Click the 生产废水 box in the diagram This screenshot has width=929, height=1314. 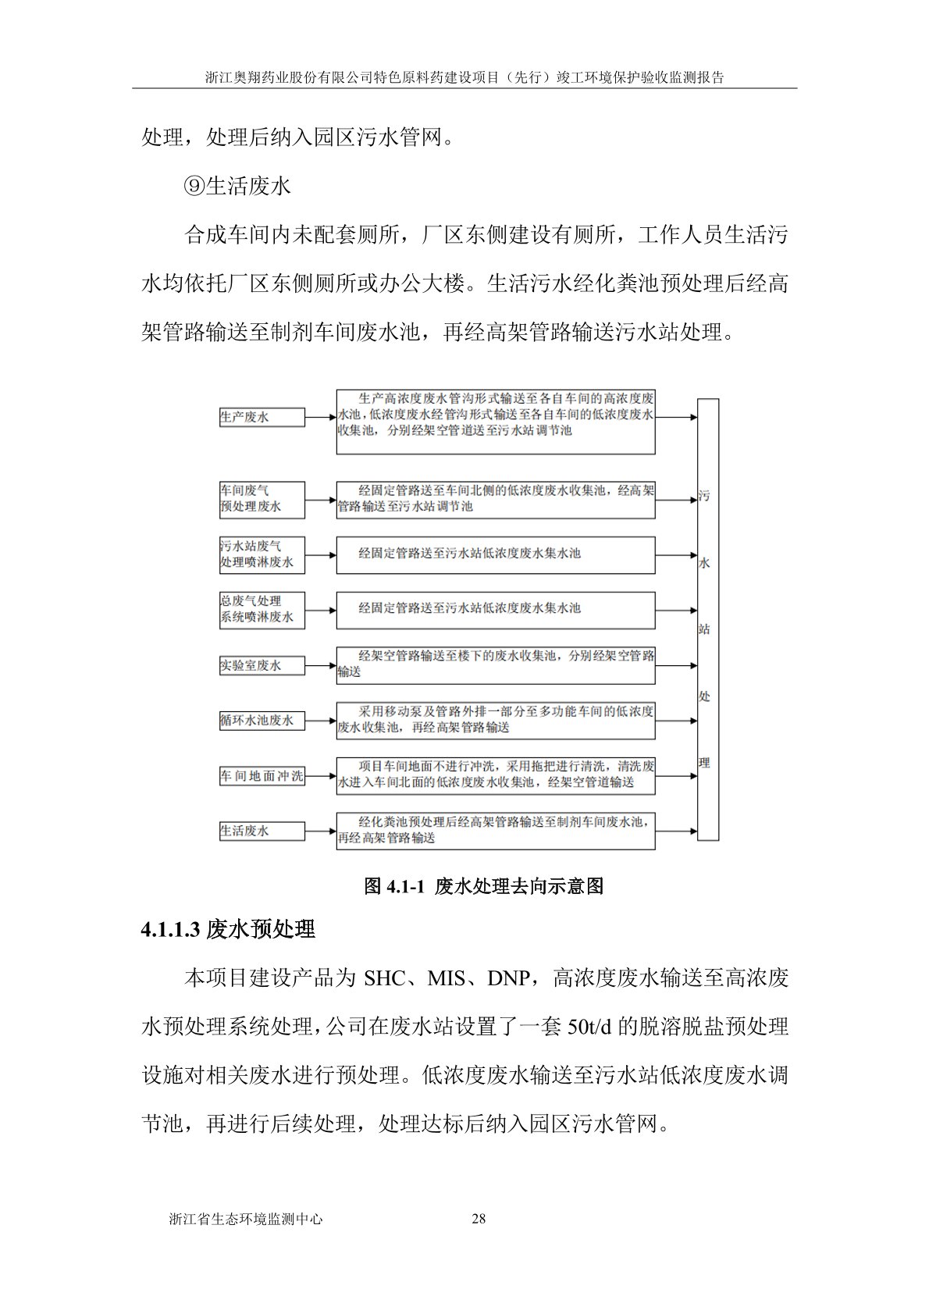click(x=262, y=418)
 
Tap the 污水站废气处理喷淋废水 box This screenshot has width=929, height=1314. click(x=262, y=555)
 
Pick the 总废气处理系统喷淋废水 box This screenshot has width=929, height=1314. click(x=262, y=610)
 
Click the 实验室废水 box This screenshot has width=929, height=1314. click(x=262, y=666)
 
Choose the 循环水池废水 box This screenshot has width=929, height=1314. click(x=262, y=721)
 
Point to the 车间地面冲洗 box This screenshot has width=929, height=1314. click(x=262, y=777)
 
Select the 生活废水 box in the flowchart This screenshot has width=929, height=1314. click(x=262, y=831)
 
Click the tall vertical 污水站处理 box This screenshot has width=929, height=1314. click(x=707, y=619)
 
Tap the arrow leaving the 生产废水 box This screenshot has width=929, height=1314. click(x=320, y=418)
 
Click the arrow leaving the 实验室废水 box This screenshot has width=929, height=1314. click(x=320, y=666)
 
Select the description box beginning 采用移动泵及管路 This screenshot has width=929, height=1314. click(x=496, y=721)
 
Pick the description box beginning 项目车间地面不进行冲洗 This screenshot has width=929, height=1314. click(x=496, y=775)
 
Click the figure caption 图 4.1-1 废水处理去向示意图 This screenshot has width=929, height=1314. click(x=484, y=886)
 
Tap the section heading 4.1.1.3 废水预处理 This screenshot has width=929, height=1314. click(x=228, y=929)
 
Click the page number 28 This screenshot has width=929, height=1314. click(x=479, y=1219)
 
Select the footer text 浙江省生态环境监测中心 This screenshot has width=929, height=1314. click(x=246, y=1219)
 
